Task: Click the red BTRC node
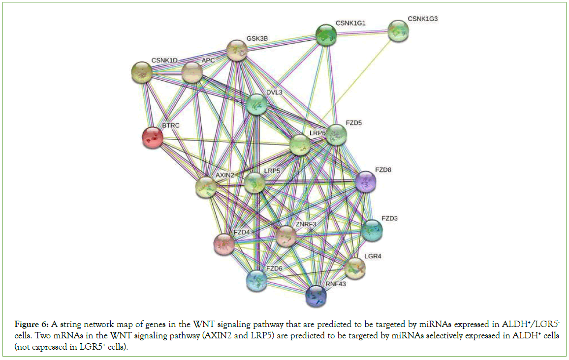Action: [153, 138]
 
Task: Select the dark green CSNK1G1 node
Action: [326, 35]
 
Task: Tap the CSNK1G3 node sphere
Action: [398, 31]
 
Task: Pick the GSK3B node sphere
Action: [237, 51]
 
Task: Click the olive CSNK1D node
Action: [142, 73]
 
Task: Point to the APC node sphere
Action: [192, 73]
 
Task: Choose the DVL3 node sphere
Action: [256, 104]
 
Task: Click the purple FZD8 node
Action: [366, 182]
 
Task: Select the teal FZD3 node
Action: [372, 230]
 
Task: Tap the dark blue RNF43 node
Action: [316, 295]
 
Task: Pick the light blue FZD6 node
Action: [256, 280]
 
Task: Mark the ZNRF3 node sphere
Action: [286, 237]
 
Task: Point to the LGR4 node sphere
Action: [355, 268]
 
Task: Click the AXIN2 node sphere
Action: [206, 188]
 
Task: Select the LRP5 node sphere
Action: [254, 183]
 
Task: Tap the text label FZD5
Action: [353, 123]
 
